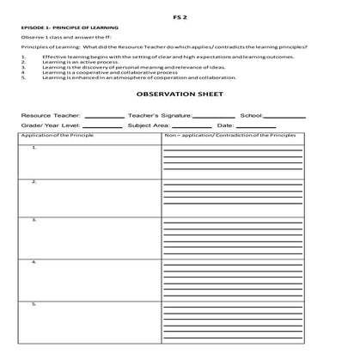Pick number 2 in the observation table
click(34, 182)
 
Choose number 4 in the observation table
click(34, 261)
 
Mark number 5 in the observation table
click(34, 303)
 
